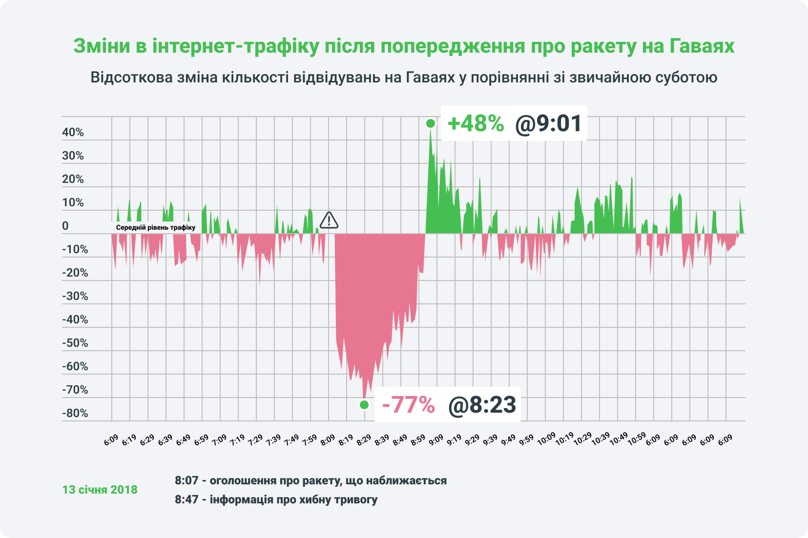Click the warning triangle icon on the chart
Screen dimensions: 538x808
329,220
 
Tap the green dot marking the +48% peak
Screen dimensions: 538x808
430,123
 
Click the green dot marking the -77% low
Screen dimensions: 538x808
364,404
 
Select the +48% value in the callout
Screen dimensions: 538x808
476,123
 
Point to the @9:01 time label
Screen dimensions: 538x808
548,123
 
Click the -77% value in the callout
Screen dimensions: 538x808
408,405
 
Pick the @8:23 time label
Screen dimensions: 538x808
482,405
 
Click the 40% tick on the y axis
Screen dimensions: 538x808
73,133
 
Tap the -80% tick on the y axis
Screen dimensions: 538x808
75,414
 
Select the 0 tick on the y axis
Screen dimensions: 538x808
65,226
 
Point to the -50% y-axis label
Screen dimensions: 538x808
75,343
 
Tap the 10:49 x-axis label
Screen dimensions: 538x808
619,439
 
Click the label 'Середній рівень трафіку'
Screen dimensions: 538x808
155,227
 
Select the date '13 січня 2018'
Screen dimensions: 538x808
100,490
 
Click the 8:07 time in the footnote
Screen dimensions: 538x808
186,480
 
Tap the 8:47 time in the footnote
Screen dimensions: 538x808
186,499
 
